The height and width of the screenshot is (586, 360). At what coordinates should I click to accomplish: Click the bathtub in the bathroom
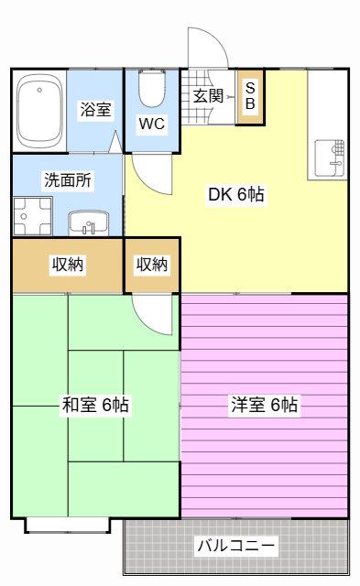click(39, 111)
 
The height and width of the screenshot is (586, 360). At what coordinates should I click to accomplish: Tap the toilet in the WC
click(152, 88)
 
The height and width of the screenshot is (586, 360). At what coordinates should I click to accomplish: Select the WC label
click(151, 124)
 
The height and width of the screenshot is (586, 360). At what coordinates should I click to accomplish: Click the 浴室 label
click(95, 110)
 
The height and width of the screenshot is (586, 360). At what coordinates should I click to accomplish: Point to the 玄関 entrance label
click(208, 96)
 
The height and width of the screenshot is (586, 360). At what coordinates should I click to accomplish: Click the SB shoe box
click(250, 97)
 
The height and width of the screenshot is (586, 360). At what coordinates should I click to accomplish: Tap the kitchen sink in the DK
click(330, 157)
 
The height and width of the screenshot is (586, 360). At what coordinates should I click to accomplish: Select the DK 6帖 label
click(236, 194)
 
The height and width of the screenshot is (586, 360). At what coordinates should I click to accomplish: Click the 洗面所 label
click(68, 180)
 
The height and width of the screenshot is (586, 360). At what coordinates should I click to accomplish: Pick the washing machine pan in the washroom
click(33, 216)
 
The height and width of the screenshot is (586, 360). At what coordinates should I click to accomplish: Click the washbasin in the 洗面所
click(89, 223)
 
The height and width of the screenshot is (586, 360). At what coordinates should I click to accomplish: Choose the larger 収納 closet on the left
click(68, 265)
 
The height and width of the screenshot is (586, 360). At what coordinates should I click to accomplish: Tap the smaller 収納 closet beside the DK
click(152, 265)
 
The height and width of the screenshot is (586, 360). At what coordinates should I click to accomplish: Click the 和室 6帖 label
click(95, 405)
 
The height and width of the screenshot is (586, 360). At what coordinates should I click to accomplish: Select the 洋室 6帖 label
click(265, 405)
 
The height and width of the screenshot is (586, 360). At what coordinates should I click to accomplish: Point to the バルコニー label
click(236, 546)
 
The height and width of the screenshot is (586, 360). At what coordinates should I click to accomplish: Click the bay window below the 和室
click(68, 525)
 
